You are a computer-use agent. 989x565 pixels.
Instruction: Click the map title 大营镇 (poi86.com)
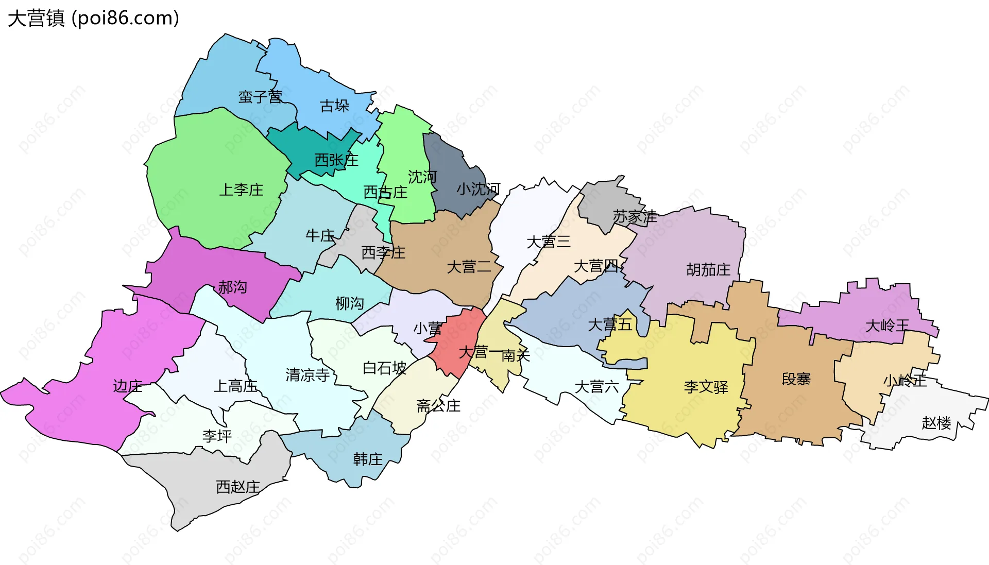pyautogui.click(x=93, y=19)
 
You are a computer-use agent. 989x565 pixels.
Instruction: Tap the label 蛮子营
pyautogui.click(x=260, y=97)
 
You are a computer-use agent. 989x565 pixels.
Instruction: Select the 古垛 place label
pyautogui.click(x=334, y=106)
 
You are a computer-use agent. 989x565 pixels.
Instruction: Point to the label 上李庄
pyautogui.click(x=241, y=190)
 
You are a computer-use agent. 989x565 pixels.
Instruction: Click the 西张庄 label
pyautogui.click(x=336, y=160)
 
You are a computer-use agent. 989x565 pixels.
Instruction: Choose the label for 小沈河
pyautogui.click(x=478, y=190)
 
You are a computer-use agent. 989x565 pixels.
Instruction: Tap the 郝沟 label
pyautogui.click(x=232, y=287)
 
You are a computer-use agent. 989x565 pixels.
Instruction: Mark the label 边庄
pyautogui.click(x=127, y=386)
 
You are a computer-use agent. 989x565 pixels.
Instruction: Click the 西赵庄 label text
pyautogui.click(x=237, y=487)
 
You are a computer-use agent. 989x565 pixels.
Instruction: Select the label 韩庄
pyautogui.click(x=368, y=459)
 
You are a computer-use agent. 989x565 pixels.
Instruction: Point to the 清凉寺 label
pyautogui.click(x=308, y=375)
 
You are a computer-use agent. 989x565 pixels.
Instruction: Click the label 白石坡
pyautogui.click(x=384, y=368)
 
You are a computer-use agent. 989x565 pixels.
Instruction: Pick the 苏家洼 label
pyautogui.click(x=635, y=217)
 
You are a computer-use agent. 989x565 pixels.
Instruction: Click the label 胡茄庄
pyautogui.click(x=708, y=269)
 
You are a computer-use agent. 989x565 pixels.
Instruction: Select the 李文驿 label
pyautogui.click(x=706, y=387)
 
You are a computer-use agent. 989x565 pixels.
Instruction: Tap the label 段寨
pyautogui.click(x=796, y=379)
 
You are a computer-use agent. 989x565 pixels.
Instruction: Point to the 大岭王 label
pyautogui.click(x=887, y=326)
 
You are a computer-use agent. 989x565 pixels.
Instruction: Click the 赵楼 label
pyautogui.click(x=936, y=423)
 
